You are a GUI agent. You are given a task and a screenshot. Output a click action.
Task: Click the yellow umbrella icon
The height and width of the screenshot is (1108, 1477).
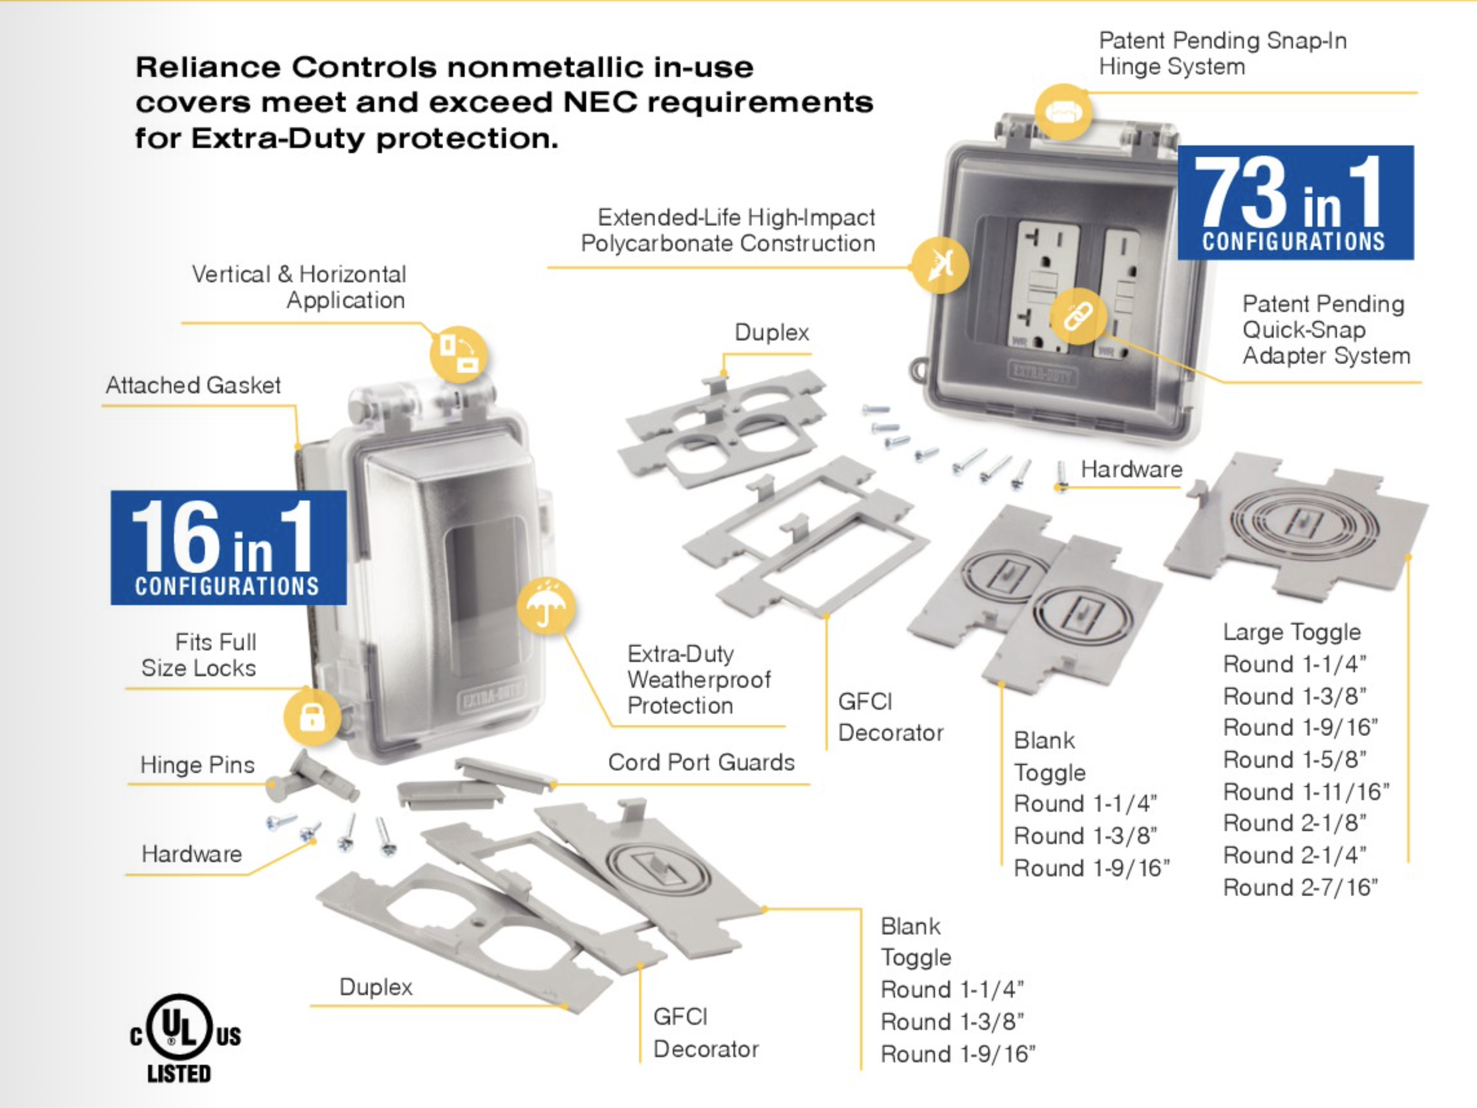point(545,606)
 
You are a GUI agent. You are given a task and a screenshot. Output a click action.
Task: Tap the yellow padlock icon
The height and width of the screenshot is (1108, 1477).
point(313,717)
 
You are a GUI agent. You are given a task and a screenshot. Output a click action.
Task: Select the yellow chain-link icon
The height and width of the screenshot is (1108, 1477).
point(1078,316)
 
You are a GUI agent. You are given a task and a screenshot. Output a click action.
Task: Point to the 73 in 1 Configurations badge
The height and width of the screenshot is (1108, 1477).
point(1295,202)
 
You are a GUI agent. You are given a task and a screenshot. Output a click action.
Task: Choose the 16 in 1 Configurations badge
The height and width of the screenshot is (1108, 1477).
point(228,548)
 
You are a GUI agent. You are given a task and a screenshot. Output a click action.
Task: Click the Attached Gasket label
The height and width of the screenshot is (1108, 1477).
point(193,385)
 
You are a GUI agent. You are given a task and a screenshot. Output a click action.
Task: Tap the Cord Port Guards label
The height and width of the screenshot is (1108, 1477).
point(701,763)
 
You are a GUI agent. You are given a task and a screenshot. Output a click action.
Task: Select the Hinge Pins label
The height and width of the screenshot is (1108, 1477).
point(198,765)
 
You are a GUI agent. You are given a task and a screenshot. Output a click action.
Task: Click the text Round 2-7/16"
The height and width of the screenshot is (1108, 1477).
point(1301,888)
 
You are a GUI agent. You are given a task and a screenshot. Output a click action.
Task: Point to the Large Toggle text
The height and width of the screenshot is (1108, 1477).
point(1292,632)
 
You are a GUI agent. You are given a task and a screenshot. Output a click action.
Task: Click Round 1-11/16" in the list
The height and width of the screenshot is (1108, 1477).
point(1306,792)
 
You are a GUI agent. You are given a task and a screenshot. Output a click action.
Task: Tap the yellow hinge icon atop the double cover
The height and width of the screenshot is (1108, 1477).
point(1063,112)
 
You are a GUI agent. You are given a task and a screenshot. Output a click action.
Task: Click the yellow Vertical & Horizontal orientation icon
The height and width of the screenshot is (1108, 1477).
point(458,354)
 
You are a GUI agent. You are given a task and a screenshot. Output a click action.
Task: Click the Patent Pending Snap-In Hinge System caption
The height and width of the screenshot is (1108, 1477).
point(1222,54)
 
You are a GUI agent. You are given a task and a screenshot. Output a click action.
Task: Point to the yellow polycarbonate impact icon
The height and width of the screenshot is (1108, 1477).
point(940,265)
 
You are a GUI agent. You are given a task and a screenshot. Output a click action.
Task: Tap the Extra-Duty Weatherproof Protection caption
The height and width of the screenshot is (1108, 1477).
point(699,679)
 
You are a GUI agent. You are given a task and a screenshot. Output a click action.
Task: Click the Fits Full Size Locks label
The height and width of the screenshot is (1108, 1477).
point(198,655)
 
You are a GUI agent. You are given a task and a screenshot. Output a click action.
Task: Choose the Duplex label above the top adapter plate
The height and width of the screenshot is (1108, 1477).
point(772,332)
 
